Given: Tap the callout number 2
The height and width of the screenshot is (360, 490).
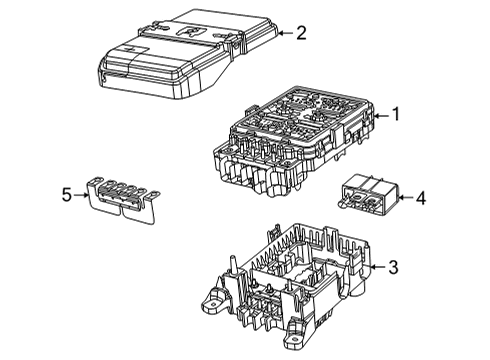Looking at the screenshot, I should click(300, 33).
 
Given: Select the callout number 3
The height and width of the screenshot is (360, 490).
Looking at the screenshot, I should click(393, 267).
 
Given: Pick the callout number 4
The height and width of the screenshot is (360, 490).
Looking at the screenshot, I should click(420, 199).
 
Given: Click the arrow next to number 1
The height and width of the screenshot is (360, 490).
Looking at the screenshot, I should click(379, 116).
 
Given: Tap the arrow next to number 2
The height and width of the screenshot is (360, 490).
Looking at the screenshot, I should click(283, 34).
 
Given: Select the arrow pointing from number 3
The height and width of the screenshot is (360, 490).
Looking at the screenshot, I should click(377, 267).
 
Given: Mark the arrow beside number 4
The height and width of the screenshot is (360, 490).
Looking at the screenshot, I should click(405, 199).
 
